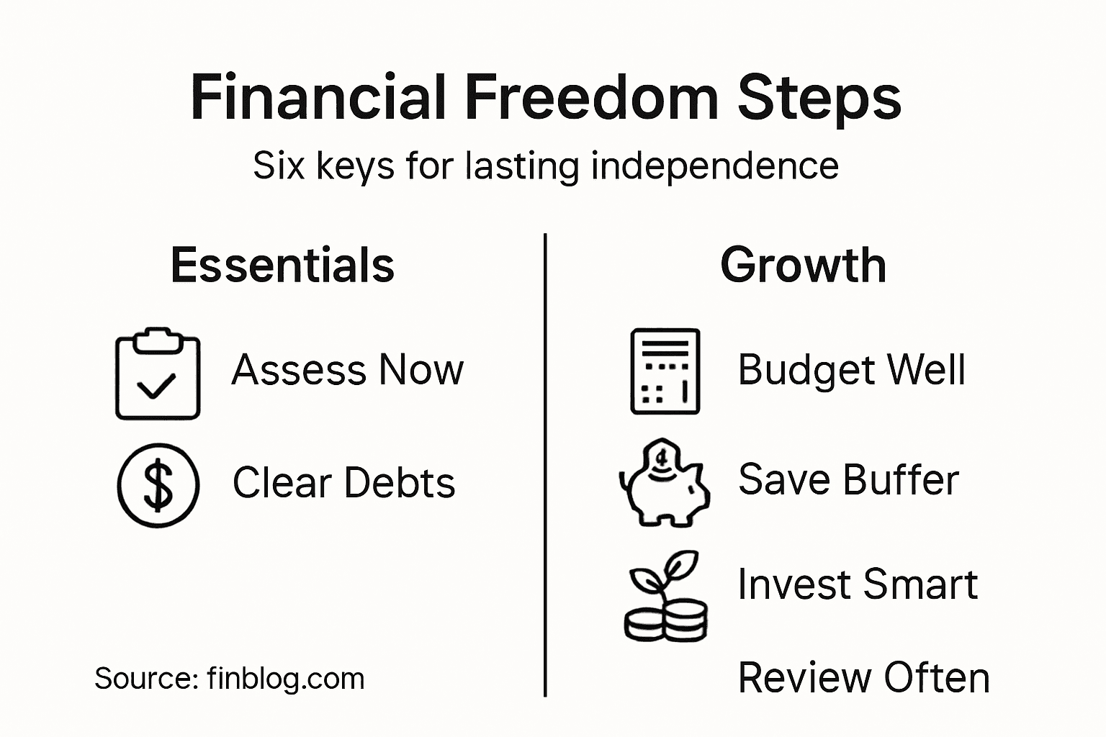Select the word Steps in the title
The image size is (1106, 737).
click(x=819, y=99)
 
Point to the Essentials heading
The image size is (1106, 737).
click(x=282, y=265)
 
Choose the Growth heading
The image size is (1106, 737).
click(x=803, y=265)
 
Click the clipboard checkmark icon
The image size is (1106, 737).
click(x=158, y=374)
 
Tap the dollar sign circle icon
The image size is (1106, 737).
click(x=158, y=484)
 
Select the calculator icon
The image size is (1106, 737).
click(x=665, y=371)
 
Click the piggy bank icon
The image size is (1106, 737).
click(x=664, y=481)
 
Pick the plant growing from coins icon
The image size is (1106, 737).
click(x=665, y=597)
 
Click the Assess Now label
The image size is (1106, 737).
click(x=347, y=370)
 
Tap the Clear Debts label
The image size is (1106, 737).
click(x=343, y=482)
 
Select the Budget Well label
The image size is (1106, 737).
click(x=851, y=370)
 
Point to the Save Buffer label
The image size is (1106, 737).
click(x=848, y=479)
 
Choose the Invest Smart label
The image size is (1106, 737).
click(x=858, y=584)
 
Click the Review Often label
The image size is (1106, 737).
click(x=863, y=678)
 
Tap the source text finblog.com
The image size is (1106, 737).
click(x=285, y=679)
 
